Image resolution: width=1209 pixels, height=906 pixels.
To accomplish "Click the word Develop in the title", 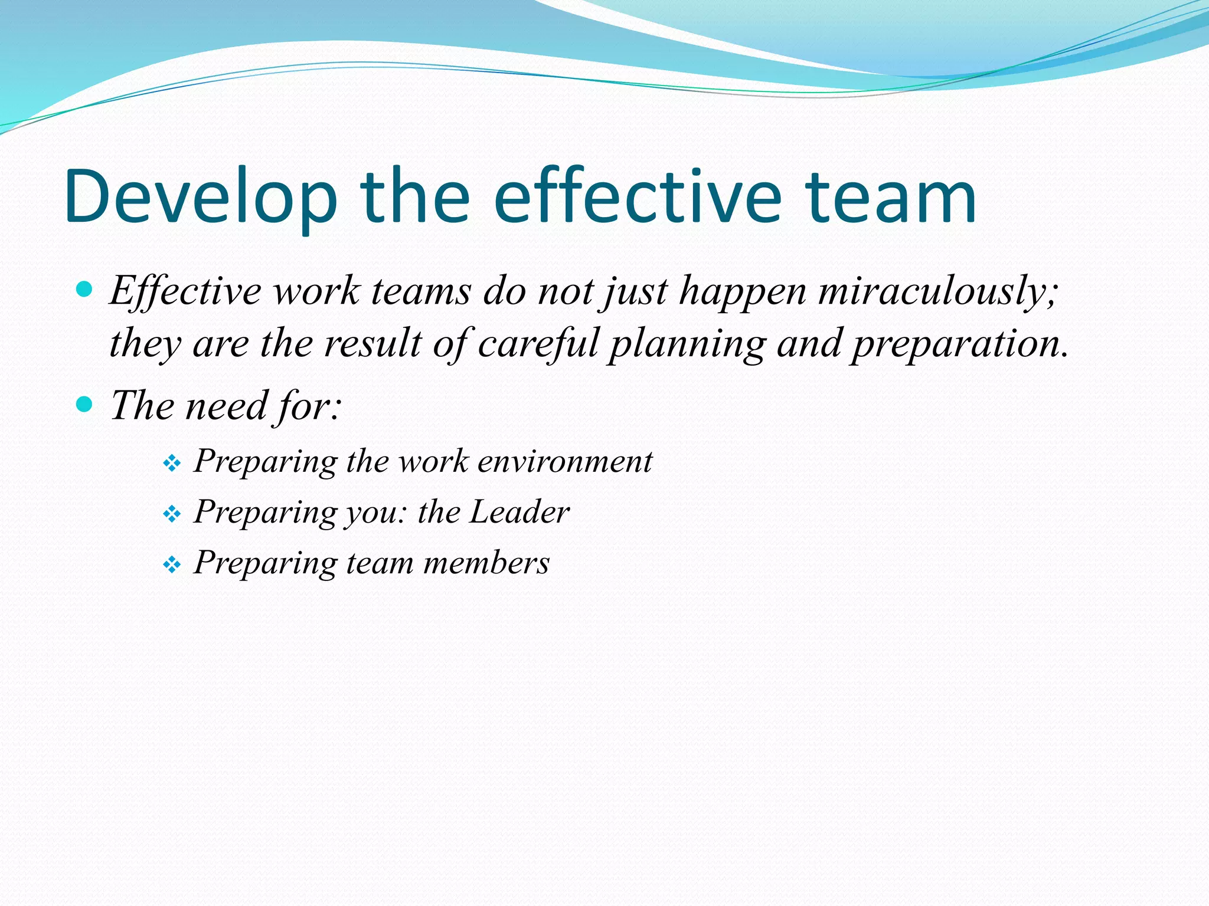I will click(x=201, y=198).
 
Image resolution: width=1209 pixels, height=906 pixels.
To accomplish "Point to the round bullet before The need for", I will click(x=85, y=405).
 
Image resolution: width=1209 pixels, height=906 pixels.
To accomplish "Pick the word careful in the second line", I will click(x=538, y=344).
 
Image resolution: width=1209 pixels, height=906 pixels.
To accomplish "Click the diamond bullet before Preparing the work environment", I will click(x=172, y=464).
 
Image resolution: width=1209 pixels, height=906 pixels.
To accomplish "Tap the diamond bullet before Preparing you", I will click(x=172, y=514).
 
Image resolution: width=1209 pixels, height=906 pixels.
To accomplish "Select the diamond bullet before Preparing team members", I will click(x=172, y=565).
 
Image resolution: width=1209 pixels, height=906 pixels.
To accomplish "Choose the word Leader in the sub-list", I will click(x=519, y=512).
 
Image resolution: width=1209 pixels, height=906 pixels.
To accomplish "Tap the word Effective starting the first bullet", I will click(x=185, y=292).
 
